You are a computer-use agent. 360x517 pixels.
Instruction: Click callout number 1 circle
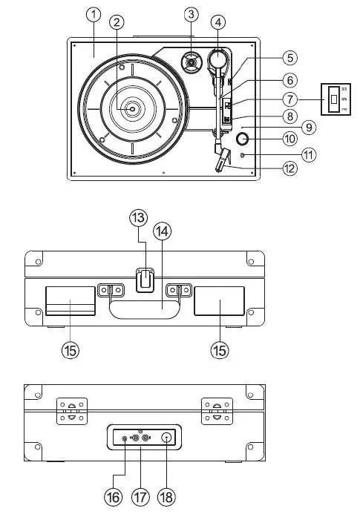click(93, 14)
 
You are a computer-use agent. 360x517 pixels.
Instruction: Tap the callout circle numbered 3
click(192, 14)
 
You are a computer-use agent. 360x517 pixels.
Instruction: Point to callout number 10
click(289, 138)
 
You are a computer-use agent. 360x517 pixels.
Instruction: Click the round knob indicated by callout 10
click(242, 138)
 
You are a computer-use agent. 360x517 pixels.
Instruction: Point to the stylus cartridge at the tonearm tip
click(221, 160)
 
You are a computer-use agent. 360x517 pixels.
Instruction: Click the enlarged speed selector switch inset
click(335, 98)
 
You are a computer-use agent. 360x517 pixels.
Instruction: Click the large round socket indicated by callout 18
click(166, 438)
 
